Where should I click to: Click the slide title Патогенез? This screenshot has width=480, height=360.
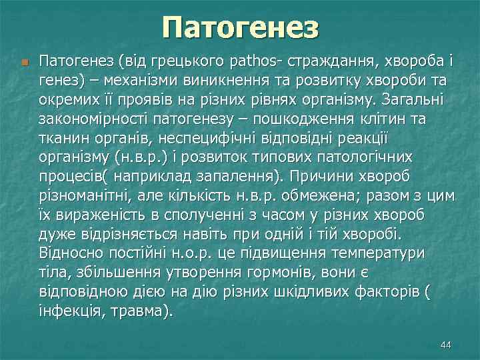240,28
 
